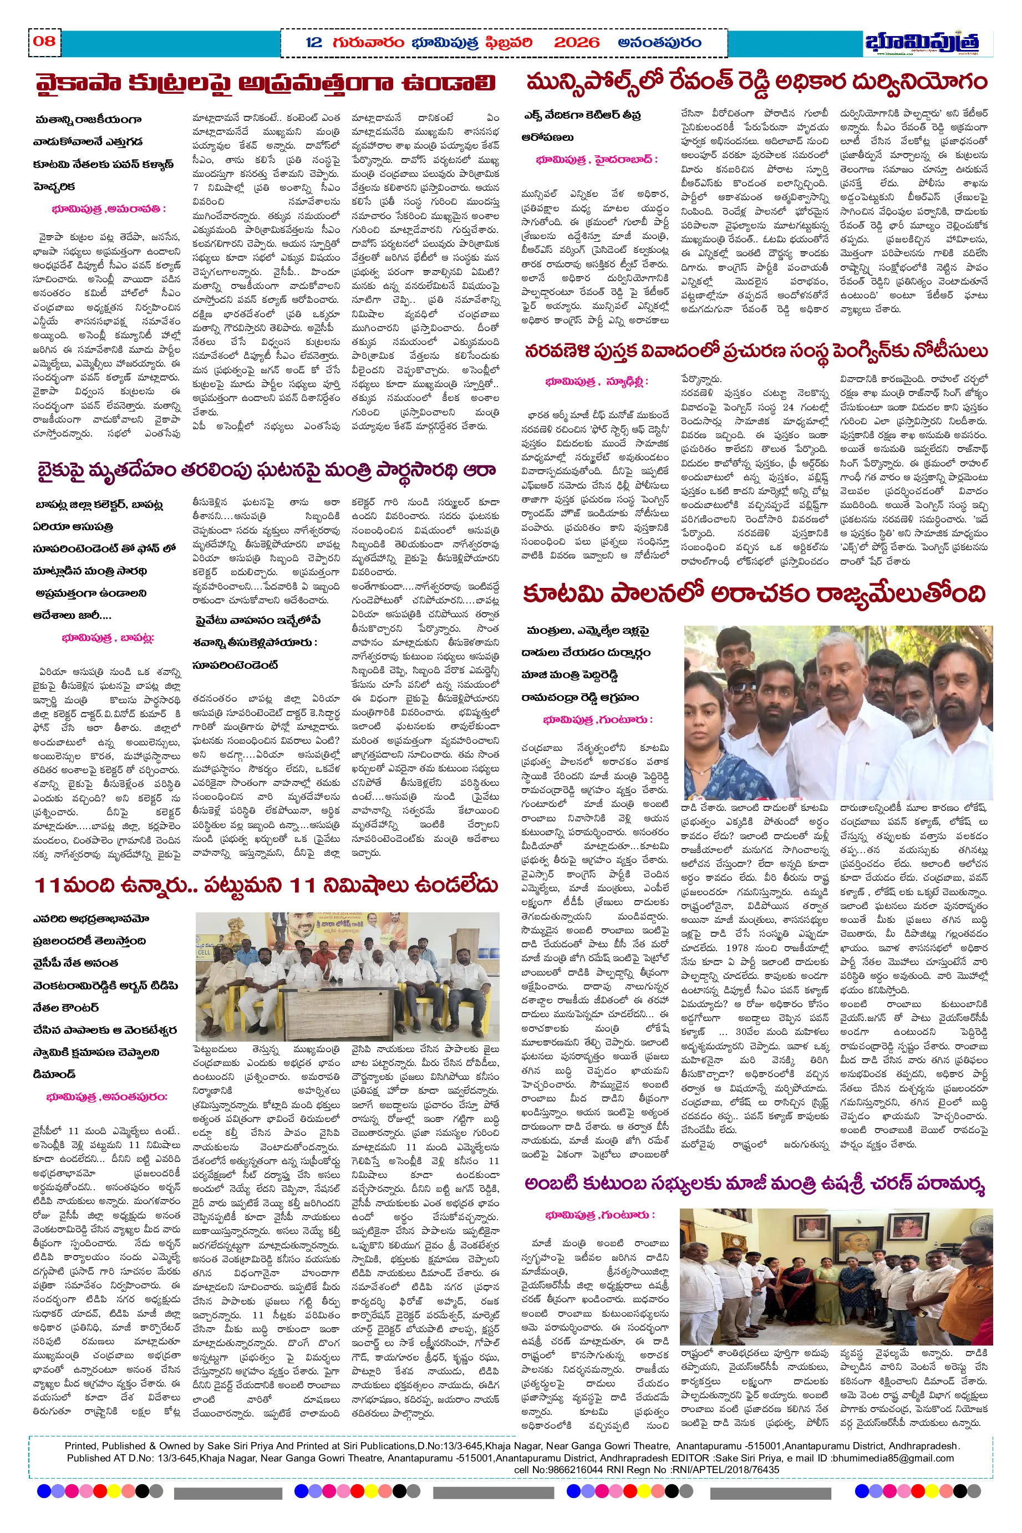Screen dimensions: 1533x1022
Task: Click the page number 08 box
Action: click(44, 42)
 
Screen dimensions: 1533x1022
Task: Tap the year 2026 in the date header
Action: click(576, 43)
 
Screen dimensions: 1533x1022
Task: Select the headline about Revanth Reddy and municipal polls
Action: click(756, 83)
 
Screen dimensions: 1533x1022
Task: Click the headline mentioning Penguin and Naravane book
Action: click(756, 352)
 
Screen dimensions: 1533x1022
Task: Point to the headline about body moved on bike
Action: click(266, 470)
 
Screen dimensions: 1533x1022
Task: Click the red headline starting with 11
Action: click(266, 885)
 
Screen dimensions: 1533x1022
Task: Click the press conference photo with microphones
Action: click(837, 712)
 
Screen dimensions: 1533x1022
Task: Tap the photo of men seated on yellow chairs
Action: click(347, 976)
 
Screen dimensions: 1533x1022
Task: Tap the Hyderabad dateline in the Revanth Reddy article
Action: click(596, 160)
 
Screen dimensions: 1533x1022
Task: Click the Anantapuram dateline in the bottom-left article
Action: click(106, 1097)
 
